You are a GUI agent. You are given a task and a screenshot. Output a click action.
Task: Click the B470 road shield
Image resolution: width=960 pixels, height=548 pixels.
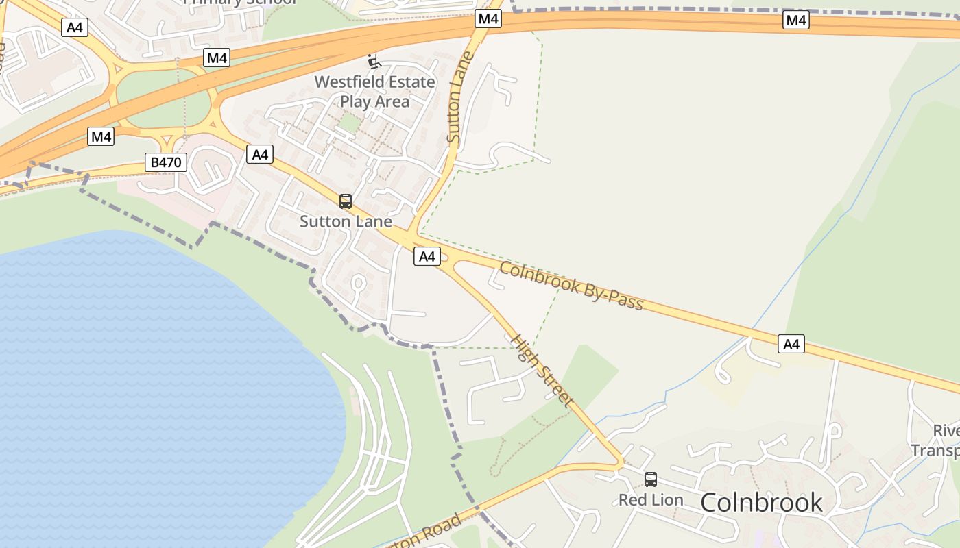(167, 162)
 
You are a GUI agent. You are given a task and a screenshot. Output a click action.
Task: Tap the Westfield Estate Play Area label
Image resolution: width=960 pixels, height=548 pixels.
(374, 92)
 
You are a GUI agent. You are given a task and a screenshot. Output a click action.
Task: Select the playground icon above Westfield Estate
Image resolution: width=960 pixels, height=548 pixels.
(374, 62)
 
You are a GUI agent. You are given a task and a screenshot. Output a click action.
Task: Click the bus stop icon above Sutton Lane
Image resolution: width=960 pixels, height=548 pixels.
(346, 201)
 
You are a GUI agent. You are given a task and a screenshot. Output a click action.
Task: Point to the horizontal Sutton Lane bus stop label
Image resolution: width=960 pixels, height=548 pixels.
(346, 221)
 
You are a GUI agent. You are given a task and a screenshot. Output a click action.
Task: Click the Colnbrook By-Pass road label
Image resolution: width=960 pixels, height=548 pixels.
(571, 285)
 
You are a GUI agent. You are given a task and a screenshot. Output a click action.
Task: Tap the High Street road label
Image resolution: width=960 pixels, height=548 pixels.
(542, 370)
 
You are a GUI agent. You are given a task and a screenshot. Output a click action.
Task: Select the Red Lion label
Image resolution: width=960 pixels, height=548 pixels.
(651, 500)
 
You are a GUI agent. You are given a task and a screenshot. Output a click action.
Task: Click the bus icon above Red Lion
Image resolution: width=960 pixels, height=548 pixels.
(651, 480)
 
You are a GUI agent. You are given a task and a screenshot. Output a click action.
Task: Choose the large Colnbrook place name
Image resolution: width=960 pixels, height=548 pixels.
(761, 502)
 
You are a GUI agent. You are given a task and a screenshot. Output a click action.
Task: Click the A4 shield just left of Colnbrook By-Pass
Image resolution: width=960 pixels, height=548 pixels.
(427, 256)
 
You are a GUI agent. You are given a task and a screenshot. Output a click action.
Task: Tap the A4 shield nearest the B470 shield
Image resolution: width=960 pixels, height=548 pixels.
(260, 154)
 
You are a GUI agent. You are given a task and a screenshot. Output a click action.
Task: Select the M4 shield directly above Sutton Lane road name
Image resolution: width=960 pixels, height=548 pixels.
(488, 18)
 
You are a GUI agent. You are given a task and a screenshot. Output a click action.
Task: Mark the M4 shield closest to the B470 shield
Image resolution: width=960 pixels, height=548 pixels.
(101, 136)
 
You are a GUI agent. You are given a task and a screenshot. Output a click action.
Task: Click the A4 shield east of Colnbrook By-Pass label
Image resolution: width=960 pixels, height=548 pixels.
(791, 344)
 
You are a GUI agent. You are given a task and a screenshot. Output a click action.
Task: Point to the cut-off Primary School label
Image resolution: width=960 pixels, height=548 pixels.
(240, 2)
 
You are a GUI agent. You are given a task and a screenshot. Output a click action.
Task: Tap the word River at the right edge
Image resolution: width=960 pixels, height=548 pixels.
(946, 431)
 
